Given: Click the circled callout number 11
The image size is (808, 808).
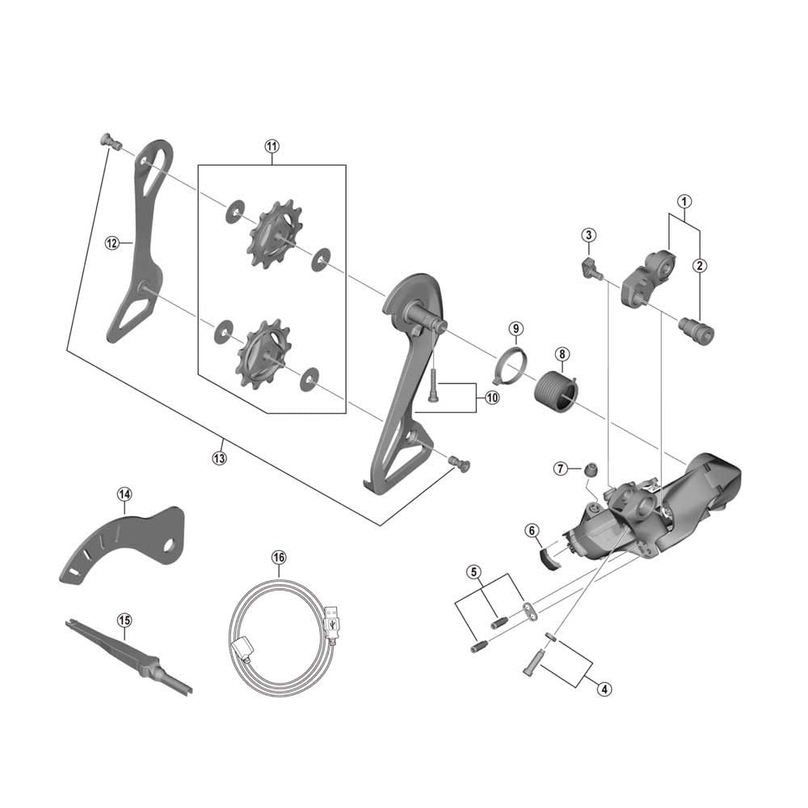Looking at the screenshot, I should [x=271, y=146].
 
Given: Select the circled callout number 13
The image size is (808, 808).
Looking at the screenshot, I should [x=219, y=457].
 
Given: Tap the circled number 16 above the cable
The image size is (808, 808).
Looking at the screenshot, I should [x=279, y=558].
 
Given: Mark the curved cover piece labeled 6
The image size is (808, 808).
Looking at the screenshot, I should [x=552, y=557].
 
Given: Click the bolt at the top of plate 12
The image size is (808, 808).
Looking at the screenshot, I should [x=110, y=141].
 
